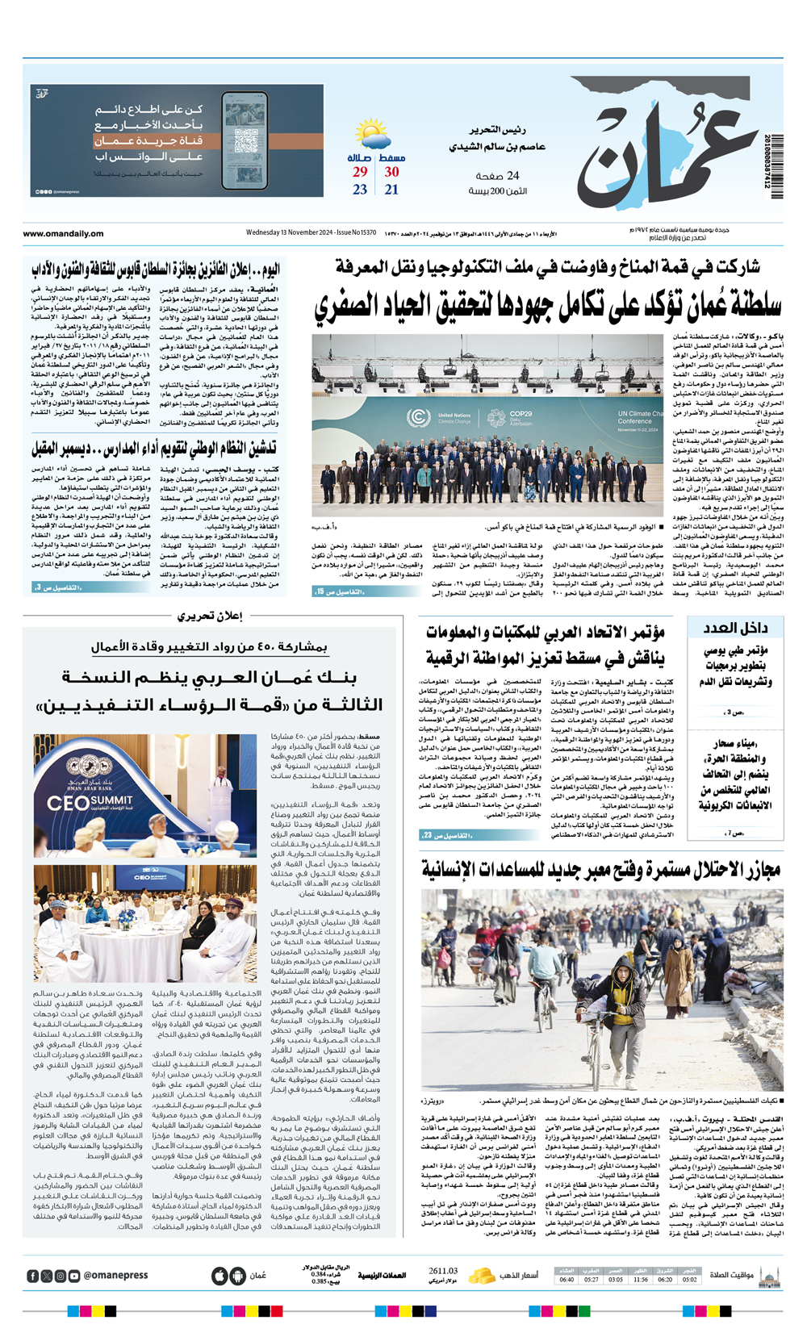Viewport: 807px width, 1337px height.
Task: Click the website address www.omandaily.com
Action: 63,234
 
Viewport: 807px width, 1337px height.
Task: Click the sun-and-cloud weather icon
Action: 372,133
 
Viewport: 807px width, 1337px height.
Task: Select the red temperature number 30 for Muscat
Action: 391,172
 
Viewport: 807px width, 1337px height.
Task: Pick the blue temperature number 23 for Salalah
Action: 360,190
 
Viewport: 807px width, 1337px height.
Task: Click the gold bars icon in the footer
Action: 482,1276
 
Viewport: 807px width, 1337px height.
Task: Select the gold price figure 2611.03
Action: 443,1271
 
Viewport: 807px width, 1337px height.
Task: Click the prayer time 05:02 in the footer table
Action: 689,1280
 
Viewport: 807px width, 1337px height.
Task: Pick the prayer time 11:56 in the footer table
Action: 640,1280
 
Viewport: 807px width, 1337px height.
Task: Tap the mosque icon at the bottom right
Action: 769,1276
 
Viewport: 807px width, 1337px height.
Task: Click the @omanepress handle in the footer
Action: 115,1276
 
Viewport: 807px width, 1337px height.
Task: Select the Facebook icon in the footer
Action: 33,1276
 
